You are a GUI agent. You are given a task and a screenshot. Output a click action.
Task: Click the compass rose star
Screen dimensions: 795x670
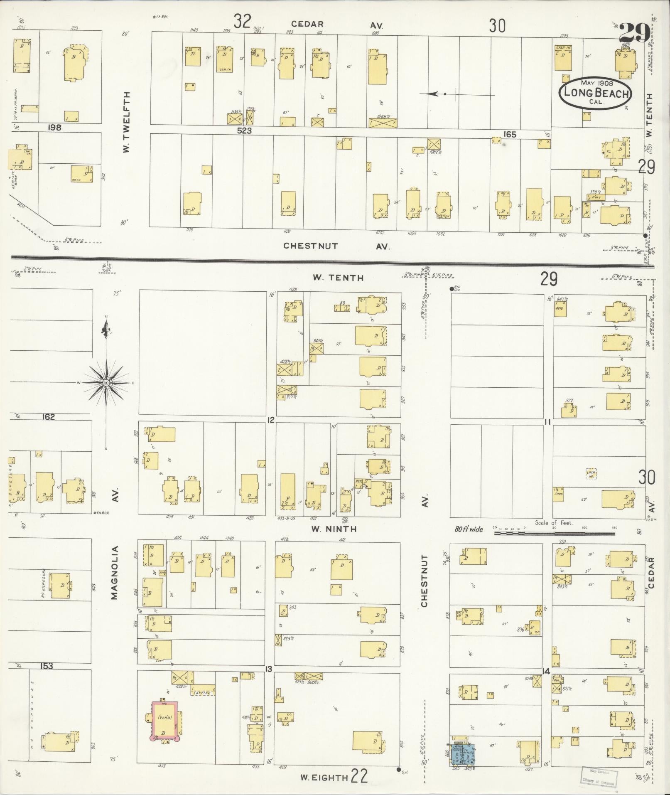(106, 382)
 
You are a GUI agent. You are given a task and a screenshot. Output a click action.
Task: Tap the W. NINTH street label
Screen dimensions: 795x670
(334, 529)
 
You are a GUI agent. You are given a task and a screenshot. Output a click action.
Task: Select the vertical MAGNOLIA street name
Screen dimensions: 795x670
(115, 573)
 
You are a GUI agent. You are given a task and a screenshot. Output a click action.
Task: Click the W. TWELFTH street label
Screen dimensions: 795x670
(127, 122)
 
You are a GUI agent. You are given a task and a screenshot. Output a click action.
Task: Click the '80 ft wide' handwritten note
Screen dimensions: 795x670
(469, 529)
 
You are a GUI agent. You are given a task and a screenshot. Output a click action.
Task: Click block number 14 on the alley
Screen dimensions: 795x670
(546, 671)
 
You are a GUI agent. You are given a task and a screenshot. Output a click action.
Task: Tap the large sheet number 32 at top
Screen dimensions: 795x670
(242, 21)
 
